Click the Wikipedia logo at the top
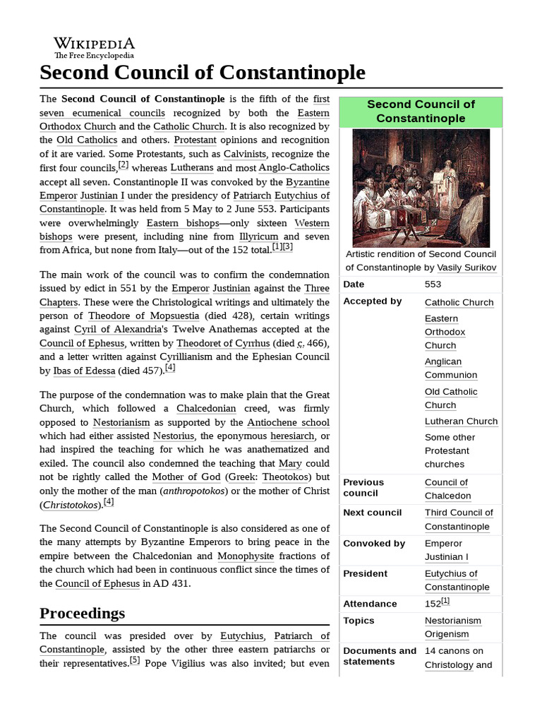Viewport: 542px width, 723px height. coord(95,47)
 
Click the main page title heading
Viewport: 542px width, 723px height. coord(203,72)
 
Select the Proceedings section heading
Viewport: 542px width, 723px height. coord(83,612)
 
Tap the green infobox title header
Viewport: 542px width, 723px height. coord(421,111)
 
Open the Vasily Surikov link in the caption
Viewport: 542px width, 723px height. coord(466,268)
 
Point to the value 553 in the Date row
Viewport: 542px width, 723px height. coord(433,285)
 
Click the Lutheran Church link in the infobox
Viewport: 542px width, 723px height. coord(461,421)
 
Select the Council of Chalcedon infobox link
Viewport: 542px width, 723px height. coord(447,489)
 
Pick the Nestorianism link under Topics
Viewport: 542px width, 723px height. coord(453,621)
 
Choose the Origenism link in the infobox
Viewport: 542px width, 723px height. coord(447,634)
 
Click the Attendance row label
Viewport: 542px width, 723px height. coord(370,604)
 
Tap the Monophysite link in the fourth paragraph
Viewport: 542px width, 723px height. coord(246,556)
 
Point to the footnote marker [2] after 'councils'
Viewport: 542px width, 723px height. coord(123,165)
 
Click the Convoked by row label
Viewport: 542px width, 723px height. coord(374,543)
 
